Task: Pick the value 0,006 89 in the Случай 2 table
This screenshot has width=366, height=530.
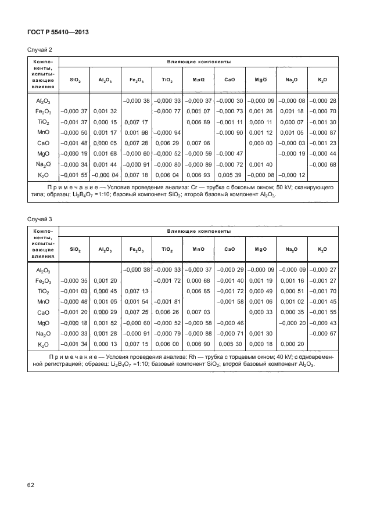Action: [199, 121]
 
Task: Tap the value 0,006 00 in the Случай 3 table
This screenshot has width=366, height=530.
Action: [167, 343]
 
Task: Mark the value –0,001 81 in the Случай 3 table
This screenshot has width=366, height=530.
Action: [167, 301]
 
